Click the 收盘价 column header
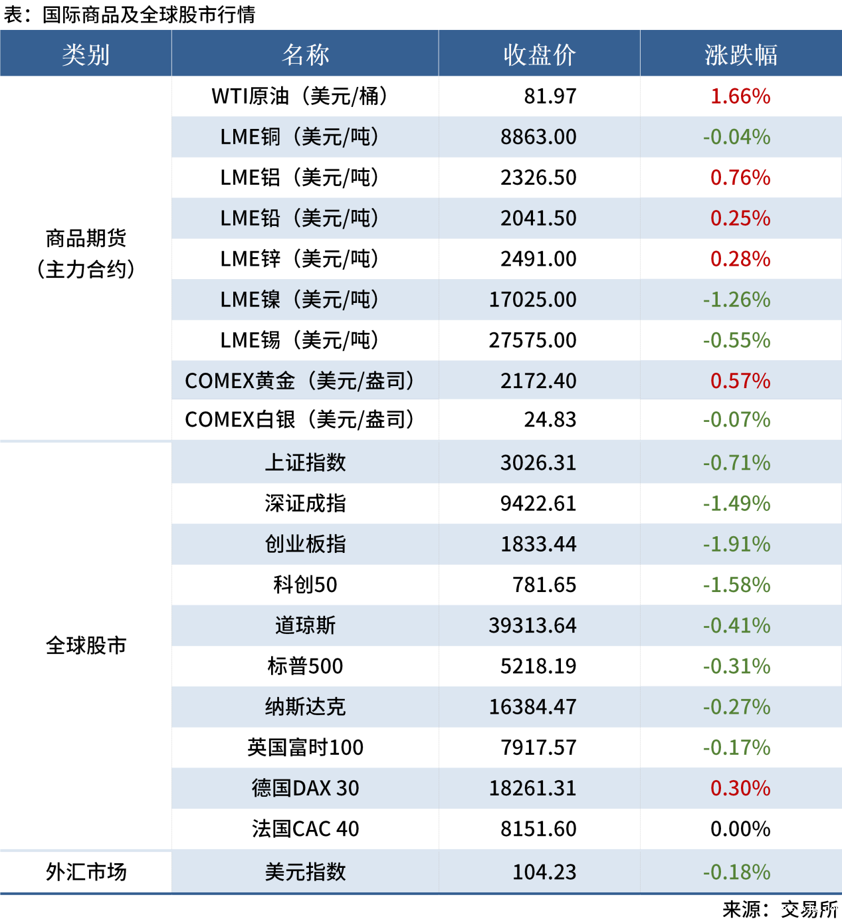pyautogui.click(x=539, y=54)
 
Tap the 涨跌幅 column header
pyautogui.click(x=740, y=54)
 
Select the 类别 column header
pyautogui.click(x=86, y=54)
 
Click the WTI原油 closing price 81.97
pyautogui.click(x=550, y=96)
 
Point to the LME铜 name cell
pyautogui.click(x=299, y=137)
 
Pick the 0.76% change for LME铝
pyautogui.click(x=740, y=177)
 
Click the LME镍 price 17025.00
pyautogui.click(x=532, y=300)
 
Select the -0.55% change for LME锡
pyautogui.click(x=736, y=340)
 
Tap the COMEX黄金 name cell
pyautogui.click(x=299, y=381)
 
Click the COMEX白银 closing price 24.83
pyautogui.click(x=550, y=420)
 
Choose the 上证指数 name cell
pyautogui.click(x=305, y=462)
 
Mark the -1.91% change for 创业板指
pyautogui.click(x=736, y=544)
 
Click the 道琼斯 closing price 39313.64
pyautogui.click(x=532, y=625)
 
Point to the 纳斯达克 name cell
pyautogui.click(x=305, y=706)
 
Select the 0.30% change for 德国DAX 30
pyautogui.click(x=740, y=788)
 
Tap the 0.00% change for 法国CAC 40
pyautogui.click(x=740, y=829)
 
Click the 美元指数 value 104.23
pyautogui.click(x=544, y=872)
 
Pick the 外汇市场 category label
pyautogui.click(x=86, y=872)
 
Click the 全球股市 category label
pyautogui.click(x=86, y=645)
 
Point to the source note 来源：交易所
pyautogui.click(x=780, y=908)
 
